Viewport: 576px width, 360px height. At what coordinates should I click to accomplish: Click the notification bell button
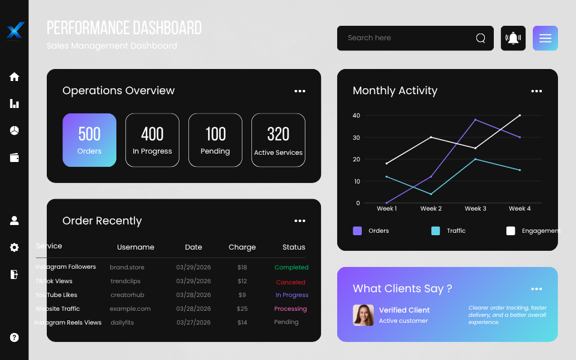point(513,38)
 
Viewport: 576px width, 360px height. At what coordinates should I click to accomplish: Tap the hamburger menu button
point(545,38)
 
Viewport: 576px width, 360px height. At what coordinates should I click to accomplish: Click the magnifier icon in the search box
point(481,38)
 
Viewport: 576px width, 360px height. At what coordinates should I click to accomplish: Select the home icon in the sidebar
point(14,77)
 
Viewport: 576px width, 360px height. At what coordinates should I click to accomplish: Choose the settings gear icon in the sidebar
point(14,247)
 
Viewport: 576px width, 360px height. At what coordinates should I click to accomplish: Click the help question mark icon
point(14,337)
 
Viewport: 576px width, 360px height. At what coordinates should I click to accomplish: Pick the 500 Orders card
point(89,140)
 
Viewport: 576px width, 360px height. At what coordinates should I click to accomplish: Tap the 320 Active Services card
point(278,140)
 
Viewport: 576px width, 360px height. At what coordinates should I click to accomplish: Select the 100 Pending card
point(215,140)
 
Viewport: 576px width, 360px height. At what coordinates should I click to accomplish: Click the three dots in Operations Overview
point(300,91)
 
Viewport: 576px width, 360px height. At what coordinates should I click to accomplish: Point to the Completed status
point(291,268)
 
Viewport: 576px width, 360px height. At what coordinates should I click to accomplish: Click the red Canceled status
point(290,282)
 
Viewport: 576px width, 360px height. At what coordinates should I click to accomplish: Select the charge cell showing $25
point(242,309)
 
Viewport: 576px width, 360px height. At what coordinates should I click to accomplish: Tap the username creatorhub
point(127,295)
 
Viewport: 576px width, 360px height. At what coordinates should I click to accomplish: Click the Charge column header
point(242,247)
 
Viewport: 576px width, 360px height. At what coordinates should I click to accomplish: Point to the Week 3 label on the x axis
point(475,209)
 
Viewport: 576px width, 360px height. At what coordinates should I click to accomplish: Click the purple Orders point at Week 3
point(475,119)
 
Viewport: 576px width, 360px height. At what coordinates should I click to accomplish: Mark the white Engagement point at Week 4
point(520,115)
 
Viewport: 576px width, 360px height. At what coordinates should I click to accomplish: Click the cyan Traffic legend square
point(436,231)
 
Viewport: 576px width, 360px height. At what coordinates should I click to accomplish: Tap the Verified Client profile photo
point(364,315)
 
